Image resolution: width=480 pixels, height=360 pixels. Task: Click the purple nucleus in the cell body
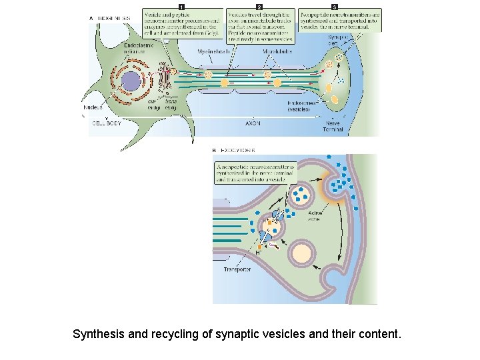pyautogui.click(x=131, y=82)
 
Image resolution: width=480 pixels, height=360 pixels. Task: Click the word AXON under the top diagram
pyautogui.click(x=253, y=123)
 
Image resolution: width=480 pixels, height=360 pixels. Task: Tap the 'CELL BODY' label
pyautogui.click(x=107, y=123)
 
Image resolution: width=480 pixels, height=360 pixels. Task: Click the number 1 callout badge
pyautogui.click(x=181, y=6)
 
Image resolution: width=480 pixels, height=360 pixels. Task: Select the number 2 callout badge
pyautogui.click(x=259, y=6)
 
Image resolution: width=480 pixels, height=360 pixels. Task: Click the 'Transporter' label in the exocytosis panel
pyautogui.click(x=237, y=269)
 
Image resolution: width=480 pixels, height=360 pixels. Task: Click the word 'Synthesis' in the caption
pyautogui.click(x=97, y=333)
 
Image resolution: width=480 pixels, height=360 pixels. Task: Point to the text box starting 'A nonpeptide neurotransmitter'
pyautogui.click(x=255, y=173)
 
